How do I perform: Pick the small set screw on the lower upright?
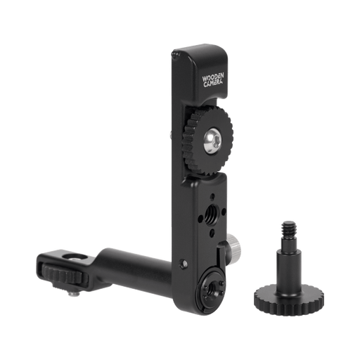[x=185, y=264]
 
